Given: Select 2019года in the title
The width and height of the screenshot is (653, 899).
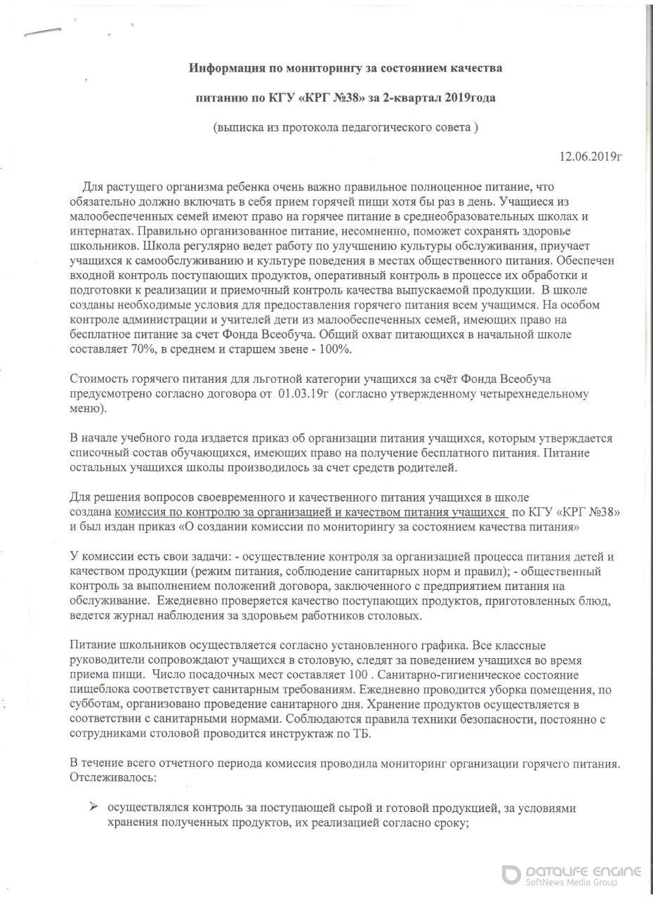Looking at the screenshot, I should pos(472,98).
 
